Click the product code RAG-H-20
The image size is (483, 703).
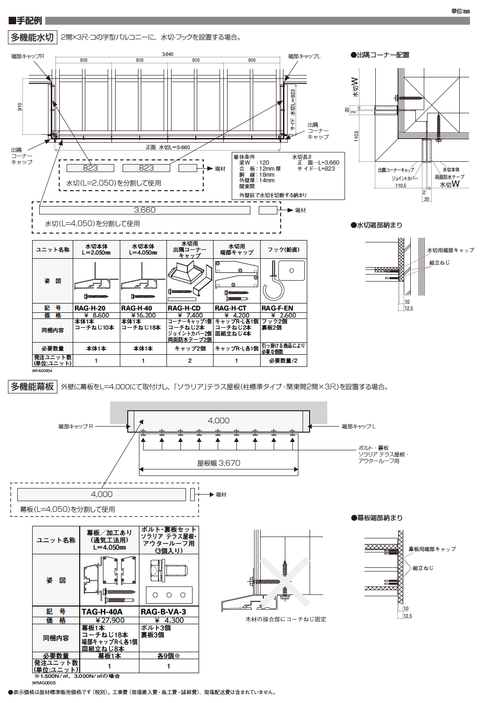[x=90, y=308]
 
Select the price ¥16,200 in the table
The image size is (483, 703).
[x=143, y=316]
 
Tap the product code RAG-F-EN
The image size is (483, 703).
[x=277, y=308]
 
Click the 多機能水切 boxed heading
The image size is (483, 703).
[x=32, y=37]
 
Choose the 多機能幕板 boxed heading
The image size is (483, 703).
[x=32, y=386]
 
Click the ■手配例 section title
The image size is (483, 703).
[x=25, y=21]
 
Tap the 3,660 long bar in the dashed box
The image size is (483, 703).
[x=145, y=210]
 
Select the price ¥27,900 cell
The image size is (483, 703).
[x=110, y=620]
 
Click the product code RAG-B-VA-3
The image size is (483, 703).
[x=163, y=612]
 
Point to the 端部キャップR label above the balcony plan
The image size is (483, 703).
[x=28, y=56]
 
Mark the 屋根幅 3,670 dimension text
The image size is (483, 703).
[x=219, y=463]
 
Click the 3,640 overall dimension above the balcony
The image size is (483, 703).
[x=167, y=54]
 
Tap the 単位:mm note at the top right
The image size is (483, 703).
[x=460, y=11]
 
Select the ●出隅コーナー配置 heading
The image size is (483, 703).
[x=380, y=55]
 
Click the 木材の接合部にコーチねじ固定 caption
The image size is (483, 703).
[x=286, y=619]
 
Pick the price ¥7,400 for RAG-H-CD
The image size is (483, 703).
[x=190, y=316]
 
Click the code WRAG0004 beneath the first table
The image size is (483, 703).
[x=42, y=371]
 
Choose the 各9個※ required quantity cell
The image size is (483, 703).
[x=169, y=656]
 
